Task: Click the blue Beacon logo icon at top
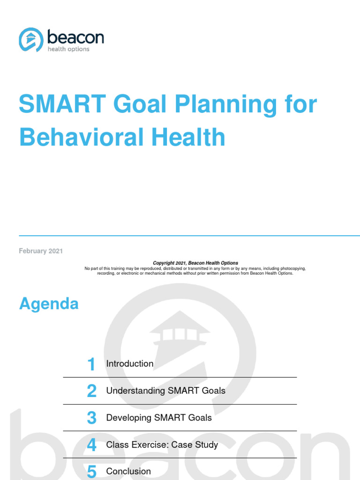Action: pos(31,40)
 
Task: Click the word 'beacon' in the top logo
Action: pos(75,37)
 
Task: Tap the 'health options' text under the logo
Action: pos(68,49)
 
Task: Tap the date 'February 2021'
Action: pos(41,251)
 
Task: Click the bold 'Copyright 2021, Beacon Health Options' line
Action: pos(195,263)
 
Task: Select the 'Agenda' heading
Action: pos(49,304)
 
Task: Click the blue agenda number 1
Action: pos(91,364)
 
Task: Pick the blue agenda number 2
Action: pos(92,391)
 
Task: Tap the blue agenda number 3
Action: pos(92,418)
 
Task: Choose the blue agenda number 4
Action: pos(92,445)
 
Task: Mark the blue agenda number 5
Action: pos(92,472)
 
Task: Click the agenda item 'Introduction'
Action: pos(130,364)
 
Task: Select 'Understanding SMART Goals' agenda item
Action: pos(166,390)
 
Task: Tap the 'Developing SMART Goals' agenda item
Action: pos(159,418)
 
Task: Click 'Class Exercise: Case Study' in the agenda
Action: pos(162,444)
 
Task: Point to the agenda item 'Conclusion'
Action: pos(129,472)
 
